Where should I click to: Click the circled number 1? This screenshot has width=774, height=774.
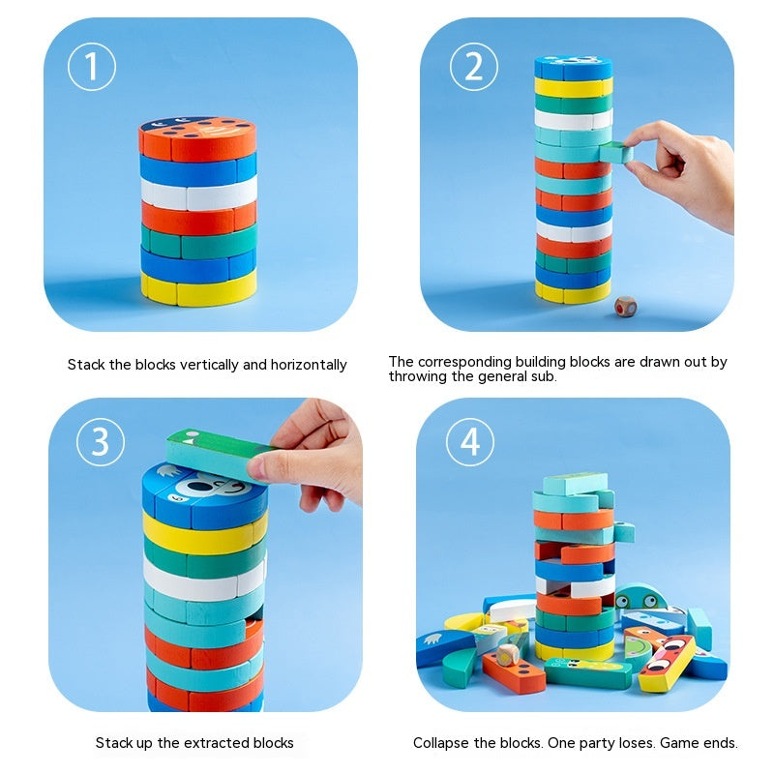(92, 67)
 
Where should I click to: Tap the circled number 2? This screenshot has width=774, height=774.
(474, 67)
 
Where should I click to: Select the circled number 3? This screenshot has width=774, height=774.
(101, 441)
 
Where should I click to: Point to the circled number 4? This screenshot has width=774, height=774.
(470, 442)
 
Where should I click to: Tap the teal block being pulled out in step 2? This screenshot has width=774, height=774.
(615, 151)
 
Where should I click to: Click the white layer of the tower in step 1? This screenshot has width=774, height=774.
(197, 195)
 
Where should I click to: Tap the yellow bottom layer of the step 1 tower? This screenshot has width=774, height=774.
(197, 287)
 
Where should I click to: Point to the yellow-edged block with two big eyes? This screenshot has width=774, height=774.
(668, 664)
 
